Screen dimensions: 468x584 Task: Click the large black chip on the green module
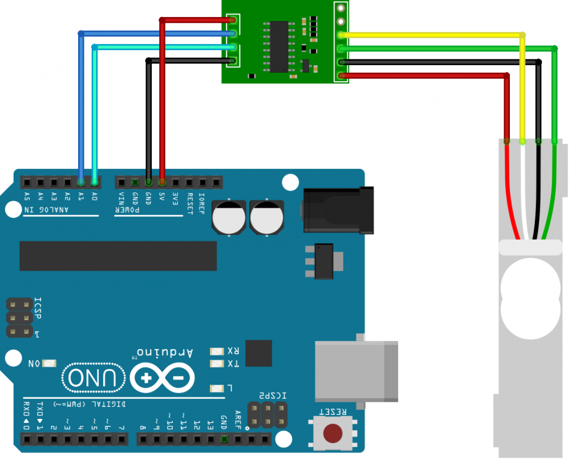pyautogui.click(x=279, y=47)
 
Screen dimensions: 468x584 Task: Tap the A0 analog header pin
pyautogui.click(x=95, y=183)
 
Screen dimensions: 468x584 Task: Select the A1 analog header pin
pyautogui.click(x=81, y=183)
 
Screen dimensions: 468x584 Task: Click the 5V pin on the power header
pyautogui.click(x=162, y=183)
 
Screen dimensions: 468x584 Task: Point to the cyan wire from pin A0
pyautogui.click(x=95, y=114)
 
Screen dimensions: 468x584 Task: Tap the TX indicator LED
pyautogui.click(x=217, y=364)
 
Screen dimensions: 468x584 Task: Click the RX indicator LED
pyautogui.click(x=217, y=351)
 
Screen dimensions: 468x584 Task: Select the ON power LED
pyautogui.click(x=50, y=363)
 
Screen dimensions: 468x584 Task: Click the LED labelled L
pyautogui.click(x=217, y=389)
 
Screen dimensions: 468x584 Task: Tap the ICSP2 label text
pyautogui.click(x=273, y=396)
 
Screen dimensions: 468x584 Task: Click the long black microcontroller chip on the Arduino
pyautogui.click(x=118, y=256)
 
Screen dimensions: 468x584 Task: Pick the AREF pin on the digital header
pyautogui.click(x=237, y=439)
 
